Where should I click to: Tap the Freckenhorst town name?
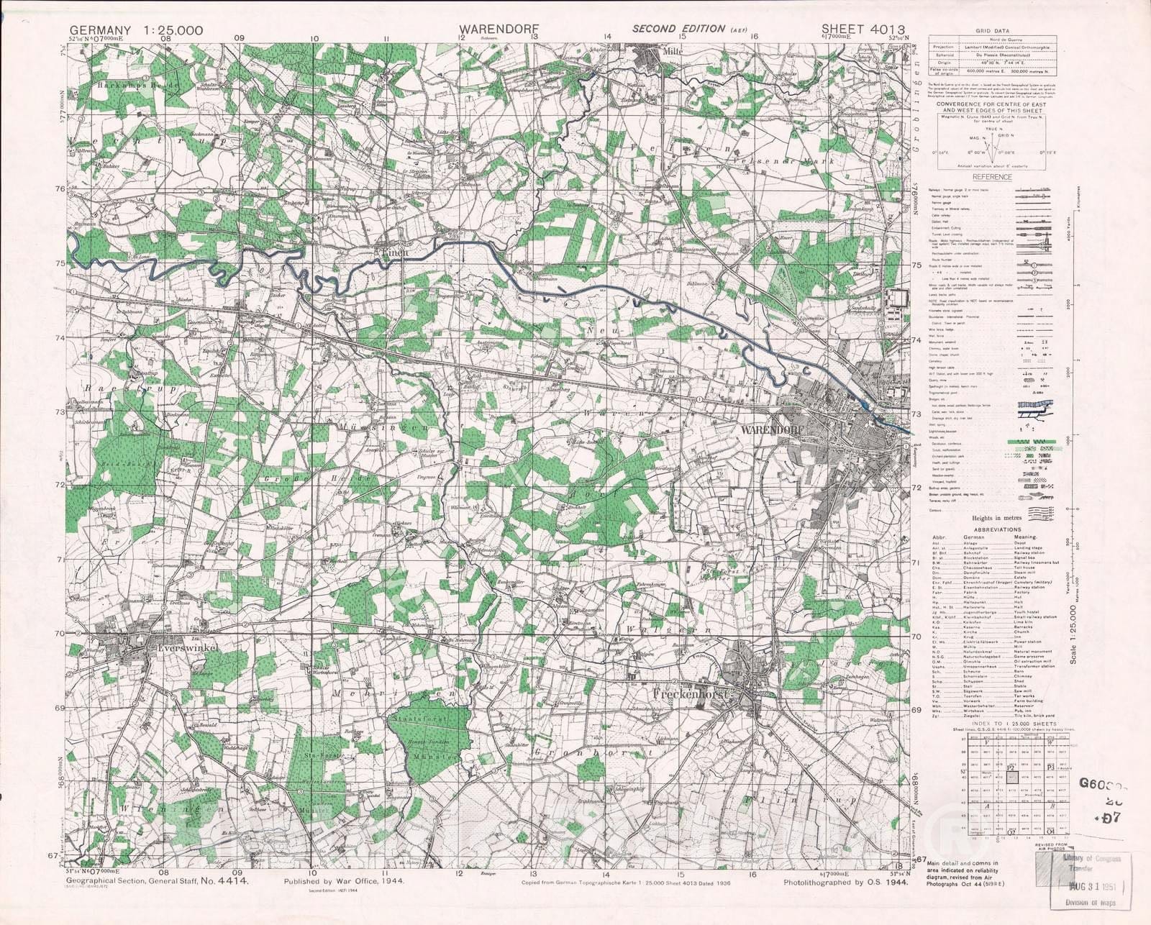(x=691, y=696)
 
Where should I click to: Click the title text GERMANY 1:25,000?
(x=136, y=30)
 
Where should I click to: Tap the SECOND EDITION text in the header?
(x=678, y=29)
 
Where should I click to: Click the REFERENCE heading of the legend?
(x=992, y=177)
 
